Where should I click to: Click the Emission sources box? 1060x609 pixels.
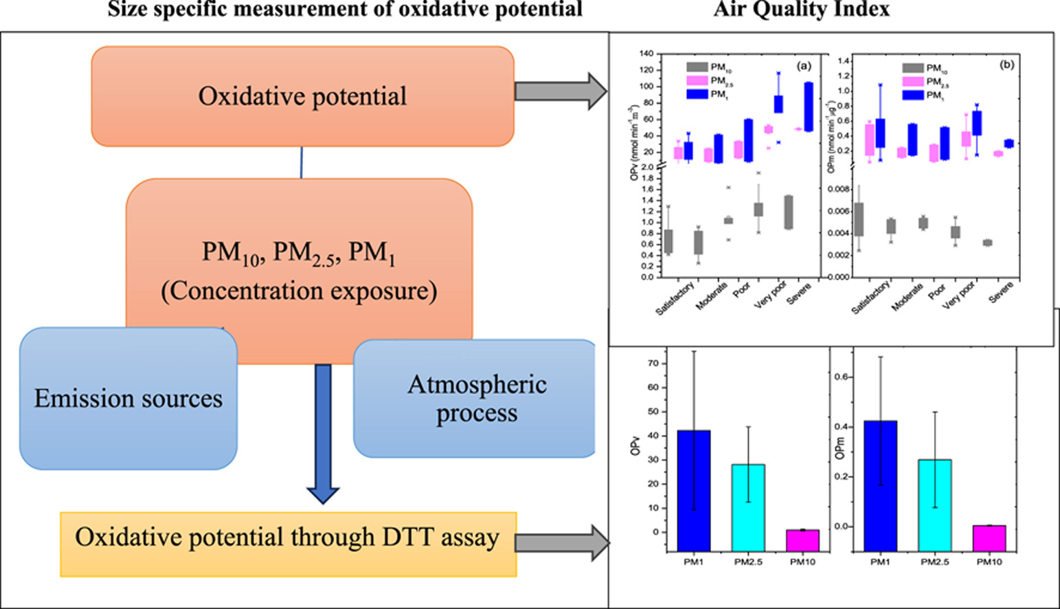click(128, 399)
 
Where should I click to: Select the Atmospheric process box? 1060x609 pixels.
click(476, 399)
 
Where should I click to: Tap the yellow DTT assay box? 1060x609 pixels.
click(288, 544)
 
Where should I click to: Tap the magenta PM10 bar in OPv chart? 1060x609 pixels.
click(802, 540)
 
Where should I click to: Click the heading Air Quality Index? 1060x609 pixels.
click(801, 9)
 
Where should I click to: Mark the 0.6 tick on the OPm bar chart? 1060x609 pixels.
click(842, 377)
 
